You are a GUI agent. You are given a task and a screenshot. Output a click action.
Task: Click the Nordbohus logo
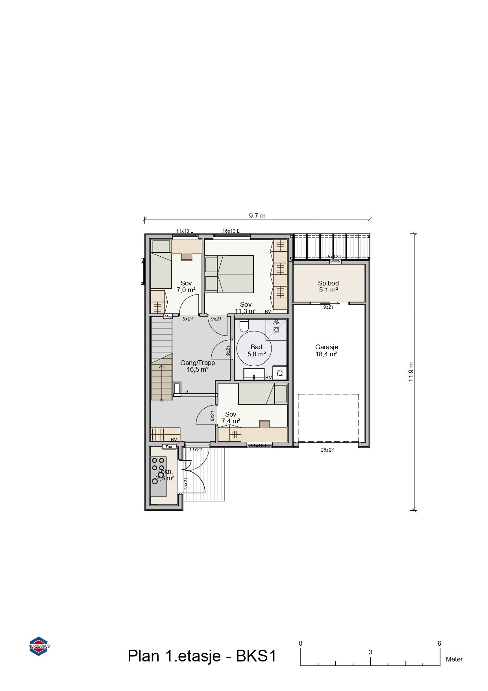click(39, 646)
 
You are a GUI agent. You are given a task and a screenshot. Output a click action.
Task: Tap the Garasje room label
click(326, 347)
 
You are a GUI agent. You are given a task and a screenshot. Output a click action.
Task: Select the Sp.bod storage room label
click(328, 283)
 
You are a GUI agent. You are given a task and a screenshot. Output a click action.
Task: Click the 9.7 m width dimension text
click(257, 216)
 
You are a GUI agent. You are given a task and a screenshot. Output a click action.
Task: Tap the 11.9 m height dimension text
click(411, 372)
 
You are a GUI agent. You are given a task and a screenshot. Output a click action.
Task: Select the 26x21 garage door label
click(327, 450)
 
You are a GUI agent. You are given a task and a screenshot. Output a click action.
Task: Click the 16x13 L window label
click(231, 231)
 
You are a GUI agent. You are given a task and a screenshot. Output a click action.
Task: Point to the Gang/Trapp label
click(197, 363)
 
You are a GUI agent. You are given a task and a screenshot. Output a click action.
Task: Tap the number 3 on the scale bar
click(370, 652)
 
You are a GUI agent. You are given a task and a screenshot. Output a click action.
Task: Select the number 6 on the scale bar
click(439, 644)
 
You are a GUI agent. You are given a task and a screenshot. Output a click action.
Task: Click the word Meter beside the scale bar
click(454, 660)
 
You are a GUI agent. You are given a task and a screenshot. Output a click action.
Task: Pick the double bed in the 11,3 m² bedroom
click(235, 274)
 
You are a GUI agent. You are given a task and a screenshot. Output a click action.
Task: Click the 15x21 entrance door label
click(185, 483)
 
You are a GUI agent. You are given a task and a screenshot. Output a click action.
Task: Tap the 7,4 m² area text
click(231, 421)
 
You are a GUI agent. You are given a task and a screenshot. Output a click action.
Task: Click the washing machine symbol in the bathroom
click(280, 373)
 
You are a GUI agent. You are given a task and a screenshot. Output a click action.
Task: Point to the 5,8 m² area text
click(256, 354)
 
